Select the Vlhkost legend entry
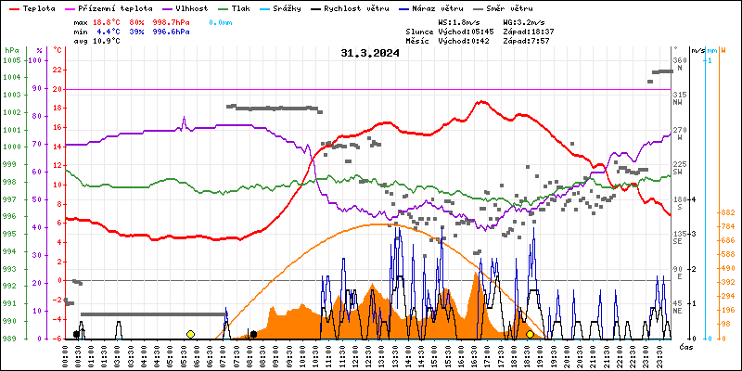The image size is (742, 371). [x=189, y=7]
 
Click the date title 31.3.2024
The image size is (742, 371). [x=370, y=54]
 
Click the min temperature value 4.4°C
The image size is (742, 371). [x=109, y=31]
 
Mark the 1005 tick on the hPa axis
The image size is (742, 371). [x=11, y=60]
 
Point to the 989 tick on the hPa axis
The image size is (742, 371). [x=11, y=339]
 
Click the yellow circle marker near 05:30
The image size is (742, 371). [x=190, y=334]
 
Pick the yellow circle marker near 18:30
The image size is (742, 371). [x=530, y=334]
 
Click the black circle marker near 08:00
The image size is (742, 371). [x=253, y=334]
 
